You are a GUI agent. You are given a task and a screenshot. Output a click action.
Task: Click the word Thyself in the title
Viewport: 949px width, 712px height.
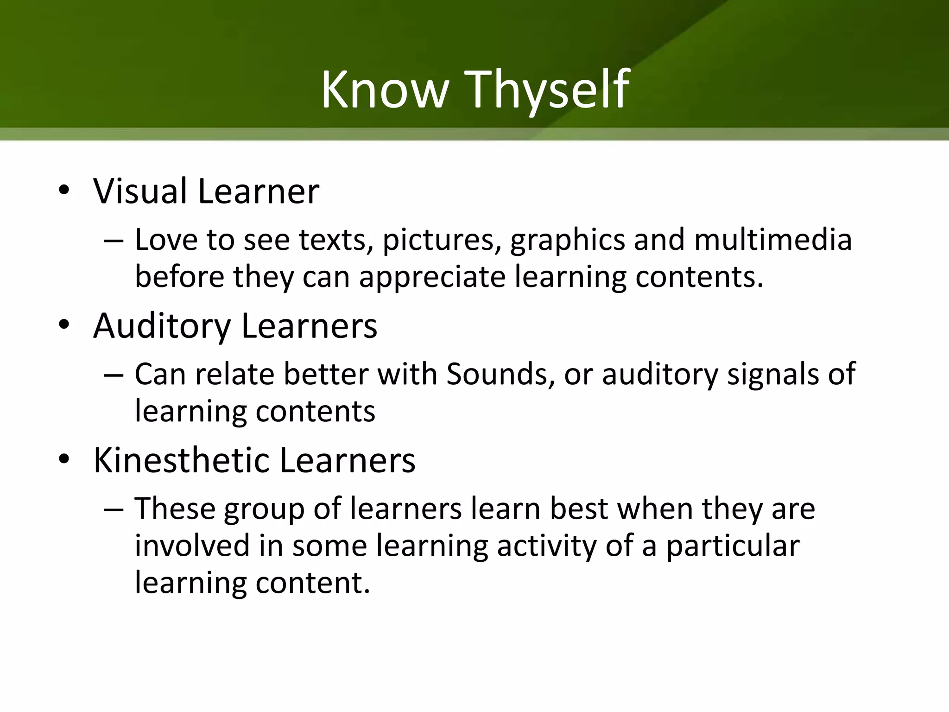click(549, 89)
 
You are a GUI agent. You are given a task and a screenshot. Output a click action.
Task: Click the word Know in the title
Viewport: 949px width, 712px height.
click(385, 89)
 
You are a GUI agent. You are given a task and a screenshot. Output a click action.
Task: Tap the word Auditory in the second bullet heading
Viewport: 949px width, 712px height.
click(162, 326)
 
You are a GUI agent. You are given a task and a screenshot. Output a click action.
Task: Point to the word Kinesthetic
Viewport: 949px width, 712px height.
click(181, 461)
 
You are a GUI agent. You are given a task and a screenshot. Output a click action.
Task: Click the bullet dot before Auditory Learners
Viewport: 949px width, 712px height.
click(64, 325)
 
